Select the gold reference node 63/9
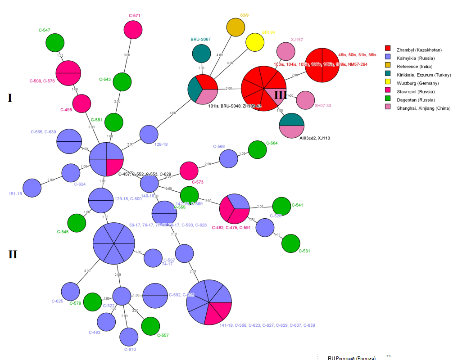point(236,28)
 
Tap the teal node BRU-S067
point(201,53)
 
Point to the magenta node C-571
point(133,30)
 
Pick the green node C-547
point(55,43)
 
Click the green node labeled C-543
point(122,82)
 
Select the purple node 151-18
point(32,188)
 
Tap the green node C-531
point(291,243)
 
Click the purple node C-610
point(129,337)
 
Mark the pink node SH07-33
point(305,100)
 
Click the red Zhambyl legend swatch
point(388,49)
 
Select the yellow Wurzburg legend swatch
point(388,83)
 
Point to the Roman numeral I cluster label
point(10,98)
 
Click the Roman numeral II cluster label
point(12,254)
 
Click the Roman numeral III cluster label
point(281,95)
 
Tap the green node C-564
point(257,150)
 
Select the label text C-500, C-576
point(42,81)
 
